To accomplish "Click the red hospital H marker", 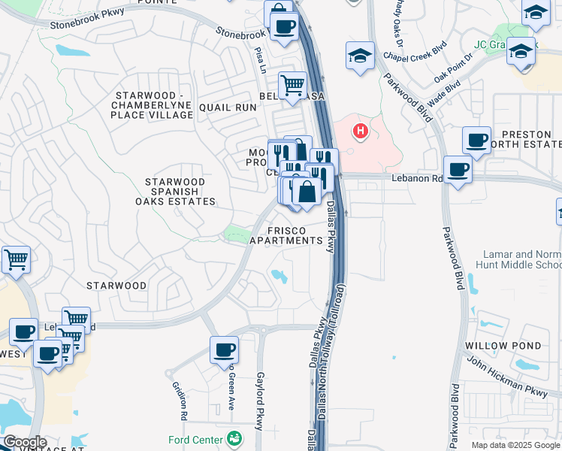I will tap(361, 132).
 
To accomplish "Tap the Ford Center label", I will tap(204, 439).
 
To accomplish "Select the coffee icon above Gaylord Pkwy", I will tap(224, 350).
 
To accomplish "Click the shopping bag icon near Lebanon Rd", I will tap(307, 192).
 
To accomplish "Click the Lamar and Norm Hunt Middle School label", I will tap(518, 260).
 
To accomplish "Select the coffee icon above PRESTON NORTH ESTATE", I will tap(476, 140).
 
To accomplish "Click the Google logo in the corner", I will tap(25, 442).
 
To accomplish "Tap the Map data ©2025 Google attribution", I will tap(515, 445).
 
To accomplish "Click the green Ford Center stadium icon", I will tap(235, 438).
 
